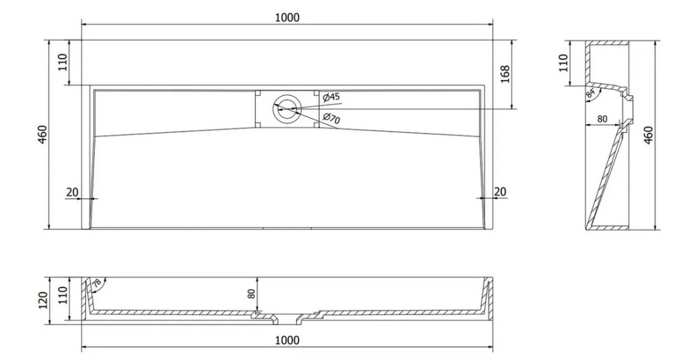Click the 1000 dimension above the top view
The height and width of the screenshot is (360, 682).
pos(287,17)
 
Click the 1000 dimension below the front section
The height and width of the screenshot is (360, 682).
pos(287,339)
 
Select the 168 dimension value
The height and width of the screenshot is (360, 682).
pos(505,74)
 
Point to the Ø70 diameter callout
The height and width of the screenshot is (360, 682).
pos(331,119)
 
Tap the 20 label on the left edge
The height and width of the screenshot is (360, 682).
pos(72,192)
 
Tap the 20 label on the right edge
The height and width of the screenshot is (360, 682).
pos(500,192)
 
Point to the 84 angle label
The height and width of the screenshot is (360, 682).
pos(591,93)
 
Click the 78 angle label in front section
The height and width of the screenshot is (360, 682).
pos(97,283)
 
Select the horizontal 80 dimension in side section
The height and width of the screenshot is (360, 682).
pos(602,119)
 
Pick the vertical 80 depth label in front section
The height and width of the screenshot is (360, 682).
pos(251,294)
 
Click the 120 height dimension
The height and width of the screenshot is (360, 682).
pos(42,299)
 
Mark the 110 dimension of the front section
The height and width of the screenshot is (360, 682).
pos(63,294)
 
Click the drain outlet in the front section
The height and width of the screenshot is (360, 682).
pos(287,318)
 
